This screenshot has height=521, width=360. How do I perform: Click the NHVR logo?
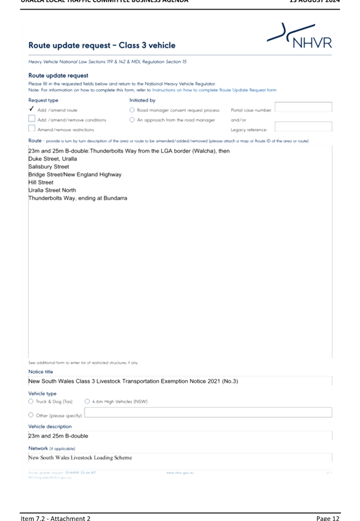pyautogui.click(x=300, y=37)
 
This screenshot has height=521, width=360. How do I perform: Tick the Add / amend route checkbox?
pyautogui.click(x=32, y=109)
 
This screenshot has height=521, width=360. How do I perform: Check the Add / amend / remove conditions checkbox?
pyautogui.click(x=32, y=119)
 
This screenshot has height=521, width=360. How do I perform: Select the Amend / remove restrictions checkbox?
pyautogui.click(x=32, y=128)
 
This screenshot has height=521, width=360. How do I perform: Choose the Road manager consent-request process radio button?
pyautogui.click(x=132, y=110)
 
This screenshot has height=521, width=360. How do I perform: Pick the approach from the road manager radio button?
pyautogui.click(x=132, y=119)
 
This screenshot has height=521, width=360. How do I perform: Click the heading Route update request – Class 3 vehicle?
pyautogui.click(x=102, y=45)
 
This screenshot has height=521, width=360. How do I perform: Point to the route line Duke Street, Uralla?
pyautogui.click(x=53, y=159)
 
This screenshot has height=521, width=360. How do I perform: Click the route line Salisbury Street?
pyautogui.click(x=49, y=167)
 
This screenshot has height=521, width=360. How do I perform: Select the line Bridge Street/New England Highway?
pyautogui.click(x=75, y=175)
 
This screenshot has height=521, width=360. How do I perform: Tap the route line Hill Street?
pyautogui.click(x=41, y=182)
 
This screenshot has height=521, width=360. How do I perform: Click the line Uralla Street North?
pyautogui.click(x=52, y=190)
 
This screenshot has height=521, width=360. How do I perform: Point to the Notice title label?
pyautogui.click(x=41, y=372)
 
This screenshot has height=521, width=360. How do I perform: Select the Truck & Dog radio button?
pyautogui.click(x=31, y=401)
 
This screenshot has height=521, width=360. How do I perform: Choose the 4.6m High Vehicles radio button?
pyautogui.click(x=88, y=401)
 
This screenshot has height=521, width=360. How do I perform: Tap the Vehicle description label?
pyautogui.click(x=50, y=426)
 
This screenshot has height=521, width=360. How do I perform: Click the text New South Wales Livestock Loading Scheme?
pyautogui.click(x=80, y=458)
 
